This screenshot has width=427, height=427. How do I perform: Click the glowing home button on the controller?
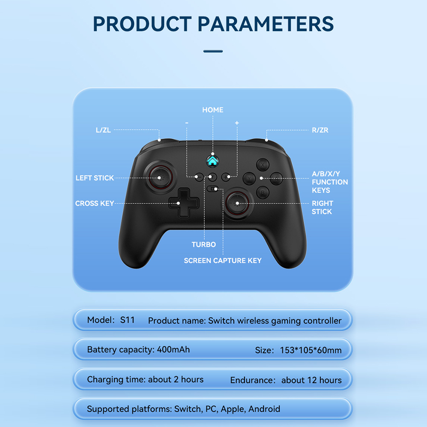213,161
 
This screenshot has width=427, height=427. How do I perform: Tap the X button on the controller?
263,165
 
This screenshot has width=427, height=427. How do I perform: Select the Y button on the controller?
249,179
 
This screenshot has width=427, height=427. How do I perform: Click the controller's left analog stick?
161,177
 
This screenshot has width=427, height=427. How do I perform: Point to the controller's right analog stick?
237,203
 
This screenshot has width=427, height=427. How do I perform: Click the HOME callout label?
213,110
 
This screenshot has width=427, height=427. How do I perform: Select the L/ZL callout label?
103,130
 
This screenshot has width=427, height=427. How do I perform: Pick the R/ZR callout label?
320,130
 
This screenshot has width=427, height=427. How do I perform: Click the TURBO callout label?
204,244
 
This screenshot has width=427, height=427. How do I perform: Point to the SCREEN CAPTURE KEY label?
223,261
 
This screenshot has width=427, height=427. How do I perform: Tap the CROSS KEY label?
95,203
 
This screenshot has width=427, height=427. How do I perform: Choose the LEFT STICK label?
95,178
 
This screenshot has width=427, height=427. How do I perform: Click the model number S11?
128,320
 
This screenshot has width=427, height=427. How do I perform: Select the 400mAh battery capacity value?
173,349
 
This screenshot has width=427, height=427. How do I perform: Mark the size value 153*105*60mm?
311,350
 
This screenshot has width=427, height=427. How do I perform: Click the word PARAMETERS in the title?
265,24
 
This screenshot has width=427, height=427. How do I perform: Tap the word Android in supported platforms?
264,409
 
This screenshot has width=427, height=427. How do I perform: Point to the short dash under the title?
213,51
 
